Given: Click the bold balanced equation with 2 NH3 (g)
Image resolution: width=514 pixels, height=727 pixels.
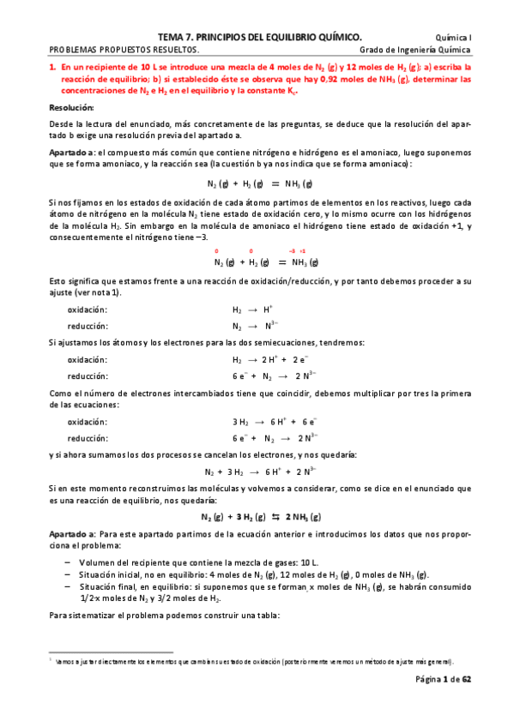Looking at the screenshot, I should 261,517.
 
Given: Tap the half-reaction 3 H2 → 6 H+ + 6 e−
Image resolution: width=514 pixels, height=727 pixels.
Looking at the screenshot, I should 275,422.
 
